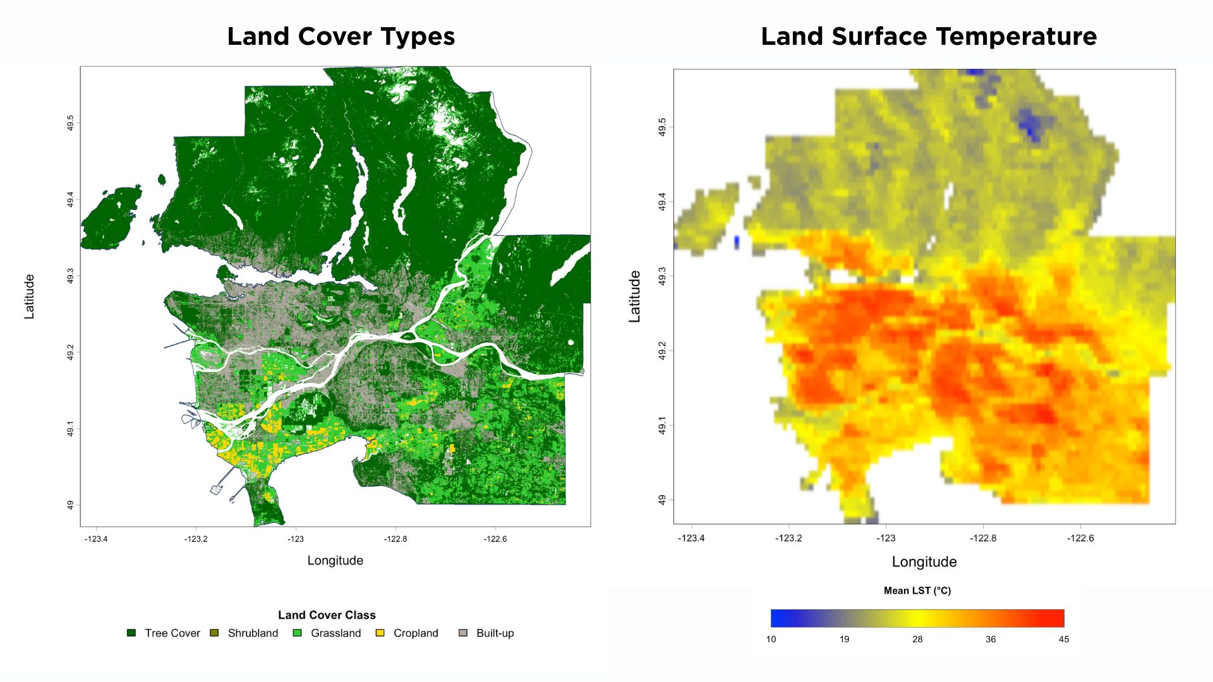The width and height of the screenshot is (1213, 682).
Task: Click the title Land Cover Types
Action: (341, 37)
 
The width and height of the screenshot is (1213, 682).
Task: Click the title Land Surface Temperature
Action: (928, 37)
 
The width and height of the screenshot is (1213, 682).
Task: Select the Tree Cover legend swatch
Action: (131, 633)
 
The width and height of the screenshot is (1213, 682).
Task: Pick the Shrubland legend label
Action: (253, 633)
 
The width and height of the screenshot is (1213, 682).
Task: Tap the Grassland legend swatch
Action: (297, 633)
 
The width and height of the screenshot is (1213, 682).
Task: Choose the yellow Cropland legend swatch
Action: (380, 633)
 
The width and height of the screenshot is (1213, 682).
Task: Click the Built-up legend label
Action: (495, 633)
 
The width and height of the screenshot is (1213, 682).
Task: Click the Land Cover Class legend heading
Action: (327, 615)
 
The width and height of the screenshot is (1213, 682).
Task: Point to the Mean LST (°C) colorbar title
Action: (917, 590)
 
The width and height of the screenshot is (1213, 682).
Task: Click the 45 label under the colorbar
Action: (1064, 639)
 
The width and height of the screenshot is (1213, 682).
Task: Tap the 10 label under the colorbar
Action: (771, 639)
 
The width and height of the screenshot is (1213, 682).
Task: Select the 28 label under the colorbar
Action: (917, 639)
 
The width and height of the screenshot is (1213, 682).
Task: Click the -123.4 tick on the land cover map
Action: (96, 539)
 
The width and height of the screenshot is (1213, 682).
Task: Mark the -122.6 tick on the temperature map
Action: (1080, 538)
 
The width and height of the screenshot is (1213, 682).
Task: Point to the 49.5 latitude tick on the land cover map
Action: (70, 123)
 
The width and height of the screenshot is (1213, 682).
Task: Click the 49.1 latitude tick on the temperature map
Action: (661, 425)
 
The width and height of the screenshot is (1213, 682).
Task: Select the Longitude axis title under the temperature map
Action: (924, 562)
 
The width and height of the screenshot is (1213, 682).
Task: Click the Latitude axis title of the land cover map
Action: (29, 296)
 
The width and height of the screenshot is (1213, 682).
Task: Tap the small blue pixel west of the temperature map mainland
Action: (737, 242)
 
